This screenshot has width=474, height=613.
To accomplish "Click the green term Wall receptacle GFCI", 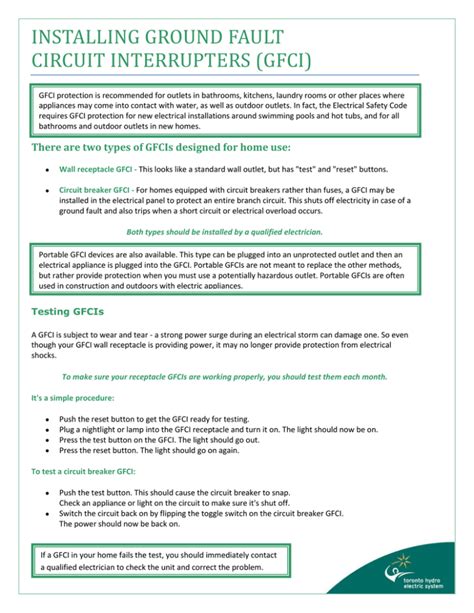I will pyautogui.click(x=96, y=171).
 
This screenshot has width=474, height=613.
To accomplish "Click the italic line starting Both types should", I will pyautogui.click(x=224, y=231).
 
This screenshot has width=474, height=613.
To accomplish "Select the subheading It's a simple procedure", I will pyautogui.click(x=71, y=398).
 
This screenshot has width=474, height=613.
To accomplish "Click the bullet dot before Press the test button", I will pyautogui.click(x=47, y=439).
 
